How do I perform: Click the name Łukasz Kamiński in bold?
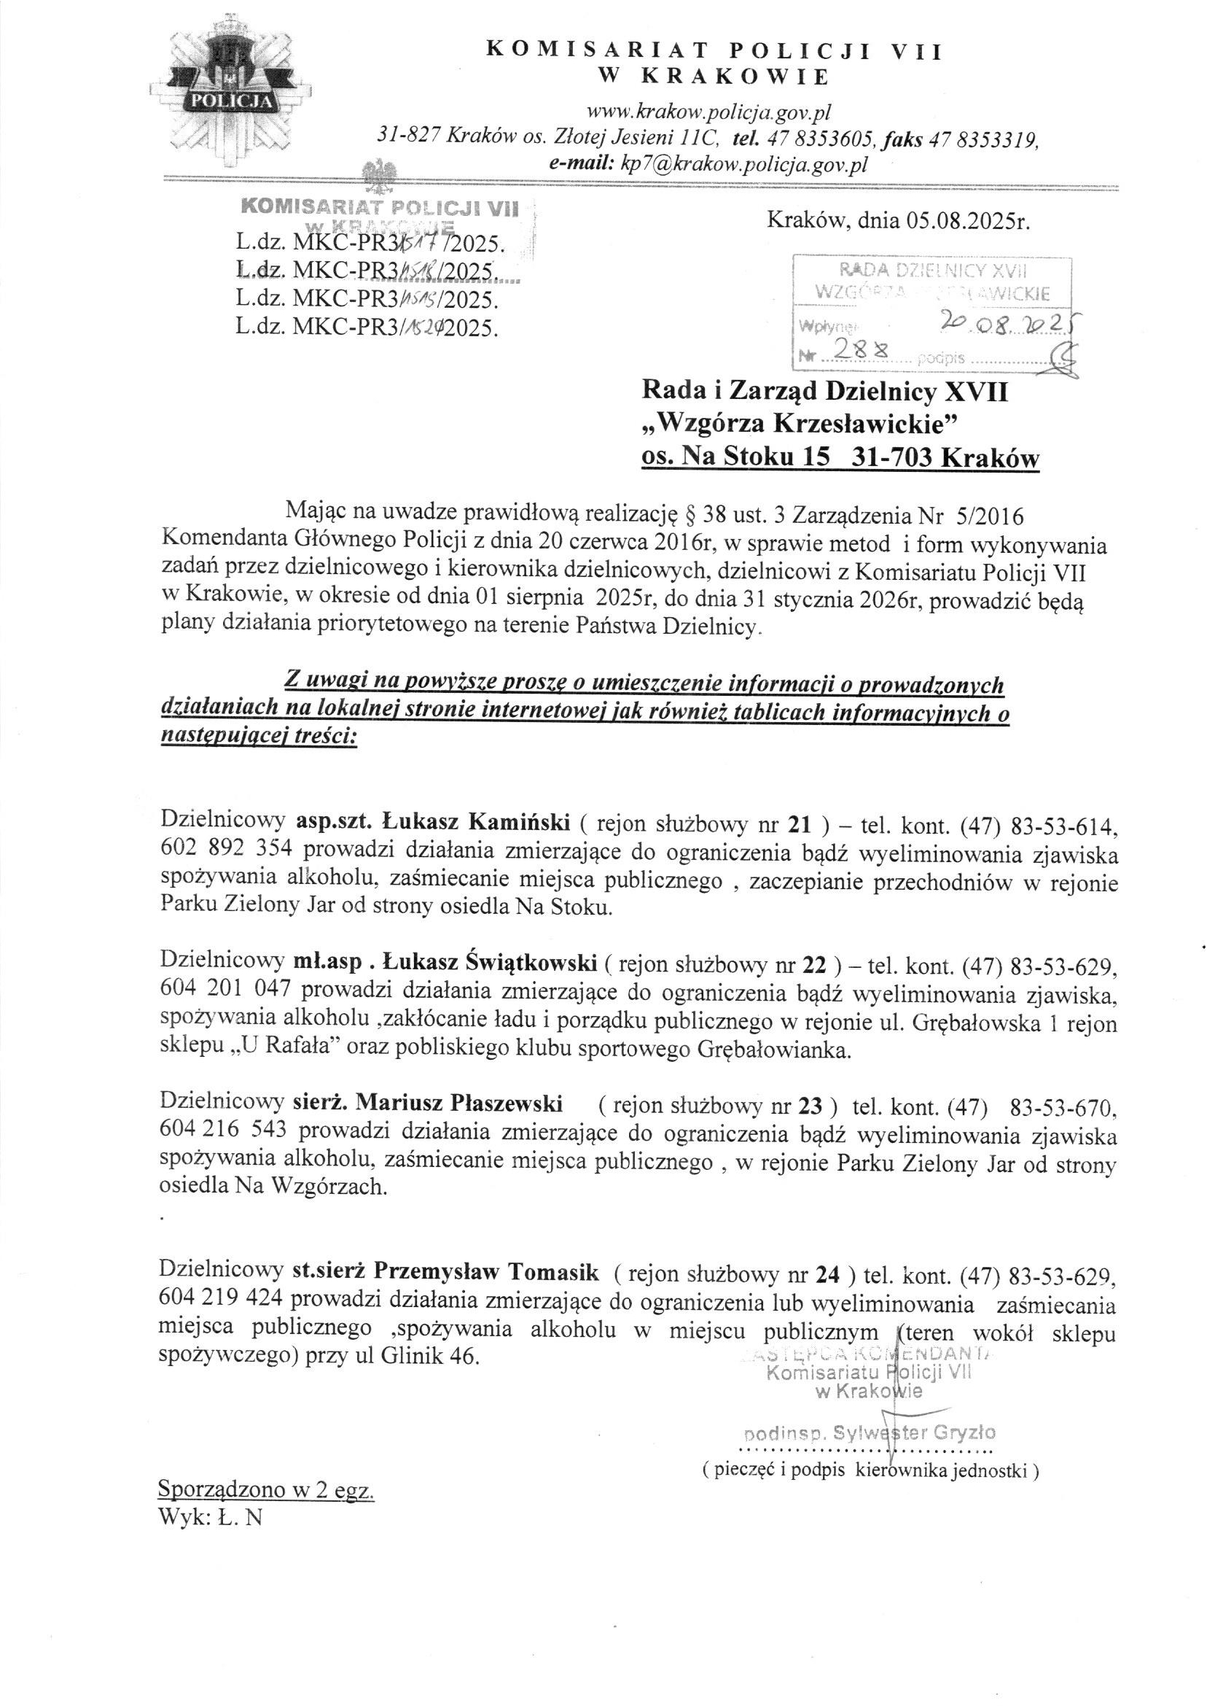pyautogui.click(x=477, y=823)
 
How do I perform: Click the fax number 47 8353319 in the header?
pyautogui.click(x=982, y=139)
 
